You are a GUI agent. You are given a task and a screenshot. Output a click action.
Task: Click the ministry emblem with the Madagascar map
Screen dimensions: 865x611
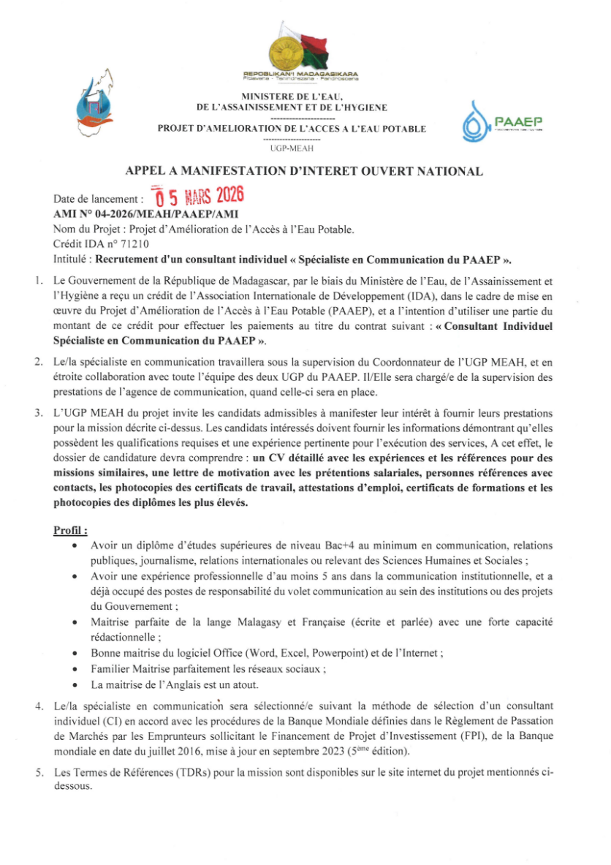click(96, 99)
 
